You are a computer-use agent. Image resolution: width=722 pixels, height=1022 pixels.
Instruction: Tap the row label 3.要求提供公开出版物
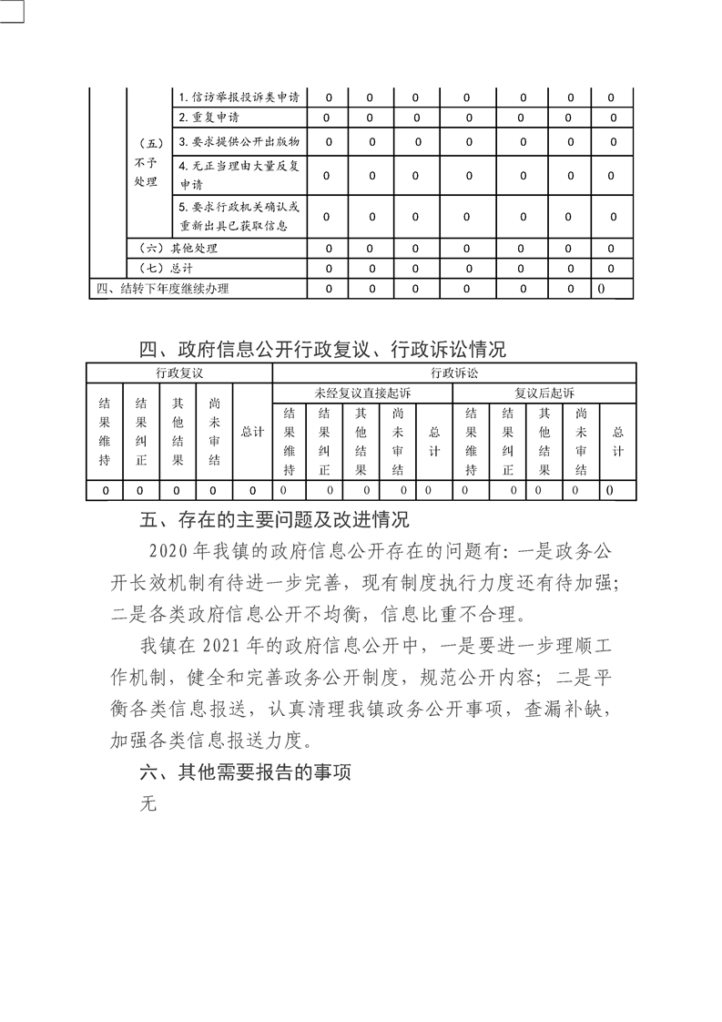click(x=239, y=141)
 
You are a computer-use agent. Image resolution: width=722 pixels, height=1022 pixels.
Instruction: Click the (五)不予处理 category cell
click(x=145, y=162)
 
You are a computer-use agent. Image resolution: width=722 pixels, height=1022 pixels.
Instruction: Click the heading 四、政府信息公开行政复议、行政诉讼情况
click(x=321, y=349)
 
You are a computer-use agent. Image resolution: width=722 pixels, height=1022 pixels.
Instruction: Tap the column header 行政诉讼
click(x=453, y=373)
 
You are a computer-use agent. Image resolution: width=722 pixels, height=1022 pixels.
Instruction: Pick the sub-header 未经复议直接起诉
click(x=362, y=393)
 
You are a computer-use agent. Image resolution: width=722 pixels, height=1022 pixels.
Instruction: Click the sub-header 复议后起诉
click(x=544, y=393)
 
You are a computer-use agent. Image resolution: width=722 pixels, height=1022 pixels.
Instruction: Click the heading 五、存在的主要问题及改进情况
click(x=274, y=520)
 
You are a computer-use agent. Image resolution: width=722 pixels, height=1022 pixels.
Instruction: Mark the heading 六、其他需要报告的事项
click(x=246, y=772)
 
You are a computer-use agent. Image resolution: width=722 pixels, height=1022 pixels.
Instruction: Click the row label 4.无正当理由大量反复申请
click(x=239, y=174)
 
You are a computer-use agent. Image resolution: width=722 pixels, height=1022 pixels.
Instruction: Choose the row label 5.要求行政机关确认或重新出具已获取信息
click(x=239, y=216)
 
